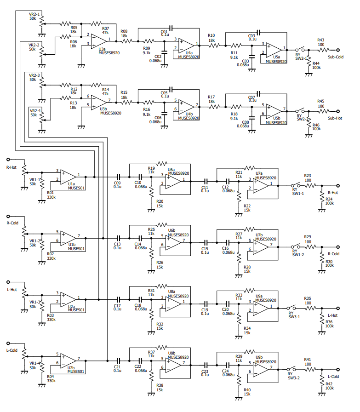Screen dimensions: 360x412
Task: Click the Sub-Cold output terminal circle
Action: tap(338, 50)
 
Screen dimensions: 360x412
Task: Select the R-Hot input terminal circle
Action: tap(8, 160)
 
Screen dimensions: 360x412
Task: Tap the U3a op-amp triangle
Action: tap(99, 41)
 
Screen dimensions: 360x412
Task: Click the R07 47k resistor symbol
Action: tap(97, 23)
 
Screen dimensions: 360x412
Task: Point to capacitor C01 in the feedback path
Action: tap(171, 28)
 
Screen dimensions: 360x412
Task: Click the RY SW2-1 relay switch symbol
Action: tap(300, 49)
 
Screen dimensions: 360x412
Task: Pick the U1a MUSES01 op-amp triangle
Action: tap(68, 177)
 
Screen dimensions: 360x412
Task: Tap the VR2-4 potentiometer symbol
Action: tap(41, 120)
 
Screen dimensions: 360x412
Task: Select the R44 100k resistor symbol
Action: tap(309, 62)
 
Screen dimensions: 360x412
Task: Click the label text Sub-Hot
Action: tap(335, 118)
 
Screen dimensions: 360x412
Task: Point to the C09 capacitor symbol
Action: tap(119, 177)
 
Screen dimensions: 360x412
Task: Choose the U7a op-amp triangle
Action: tap(261, 185)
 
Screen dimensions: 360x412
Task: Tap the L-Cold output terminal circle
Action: tap(338, 369)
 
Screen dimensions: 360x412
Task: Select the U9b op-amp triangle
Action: tap(261, 369)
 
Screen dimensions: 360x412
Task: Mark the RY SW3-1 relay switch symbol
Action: tap(291, 308)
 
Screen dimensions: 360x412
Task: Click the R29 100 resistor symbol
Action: tap(310, 247)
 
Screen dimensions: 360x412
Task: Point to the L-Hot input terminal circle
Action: tap(8, 282)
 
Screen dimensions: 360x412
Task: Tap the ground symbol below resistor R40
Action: tap(239, 399)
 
